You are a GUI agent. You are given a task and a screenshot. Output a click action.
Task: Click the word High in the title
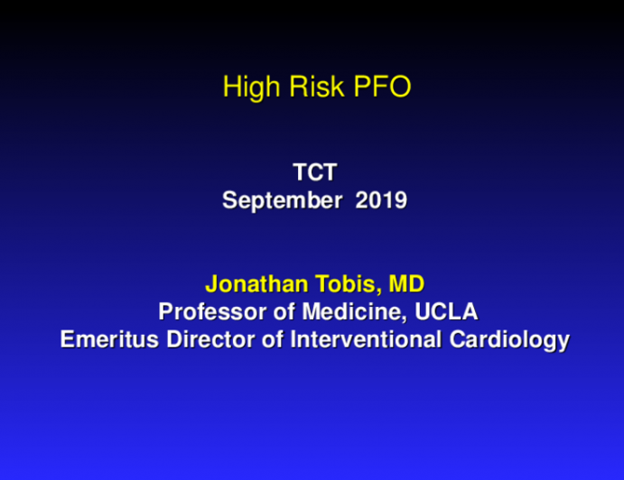(x=245, y=88)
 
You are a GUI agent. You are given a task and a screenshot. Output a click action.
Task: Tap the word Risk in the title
(x=301, y=88)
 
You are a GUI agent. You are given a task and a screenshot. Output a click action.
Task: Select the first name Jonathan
(x=249, y=285)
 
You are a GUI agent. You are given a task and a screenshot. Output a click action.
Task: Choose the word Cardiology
(x=510, y=341)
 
